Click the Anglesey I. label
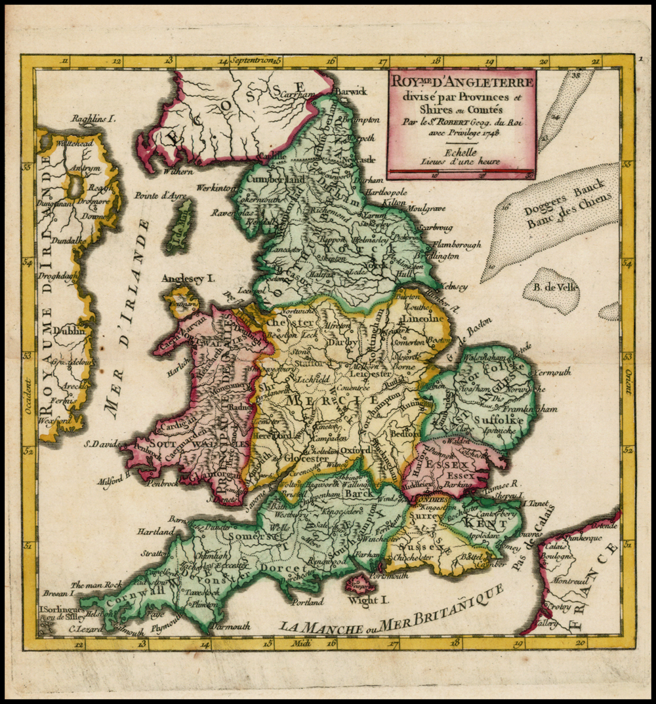pos(189,279)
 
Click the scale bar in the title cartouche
pos(461,173)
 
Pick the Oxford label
pos(355,450)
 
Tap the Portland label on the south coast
pos(306,601)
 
